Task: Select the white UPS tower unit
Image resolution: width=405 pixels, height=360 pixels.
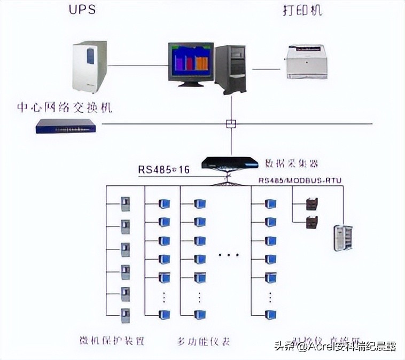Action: (89, 67)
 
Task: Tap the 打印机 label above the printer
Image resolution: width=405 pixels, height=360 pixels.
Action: (302, 10)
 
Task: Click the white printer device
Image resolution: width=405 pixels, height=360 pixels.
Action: (307, 61)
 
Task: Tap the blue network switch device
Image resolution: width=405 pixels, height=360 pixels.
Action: (65, 126)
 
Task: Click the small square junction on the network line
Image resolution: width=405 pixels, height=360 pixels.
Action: (231, 124)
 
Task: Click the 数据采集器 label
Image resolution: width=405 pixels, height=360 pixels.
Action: (292, 162)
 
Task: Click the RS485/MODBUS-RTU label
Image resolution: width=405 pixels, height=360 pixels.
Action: (300, 181)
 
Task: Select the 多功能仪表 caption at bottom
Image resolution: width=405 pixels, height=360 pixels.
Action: (203, 340)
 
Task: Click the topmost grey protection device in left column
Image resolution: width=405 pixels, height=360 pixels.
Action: (125, 204)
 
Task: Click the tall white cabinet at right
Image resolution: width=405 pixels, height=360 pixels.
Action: (343, 238)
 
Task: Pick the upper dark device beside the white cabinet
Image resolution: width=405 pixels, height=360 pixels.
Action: (312, 204)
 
